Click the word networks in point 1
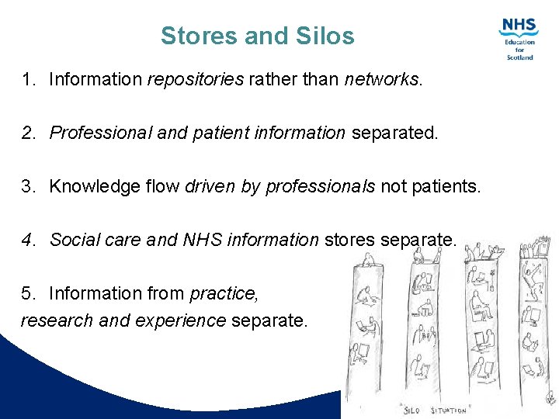click(381, 80)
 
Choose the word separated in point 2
click(394, 133)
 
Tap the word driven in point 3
click(210, 186)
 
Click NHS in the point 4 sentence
click(201, 240)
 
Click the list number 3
click(28, 186)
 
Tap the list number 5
click(28, 293)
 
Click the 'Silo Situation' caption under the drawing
click(436, 409)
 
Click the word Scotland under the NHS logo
click(519, 57)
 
